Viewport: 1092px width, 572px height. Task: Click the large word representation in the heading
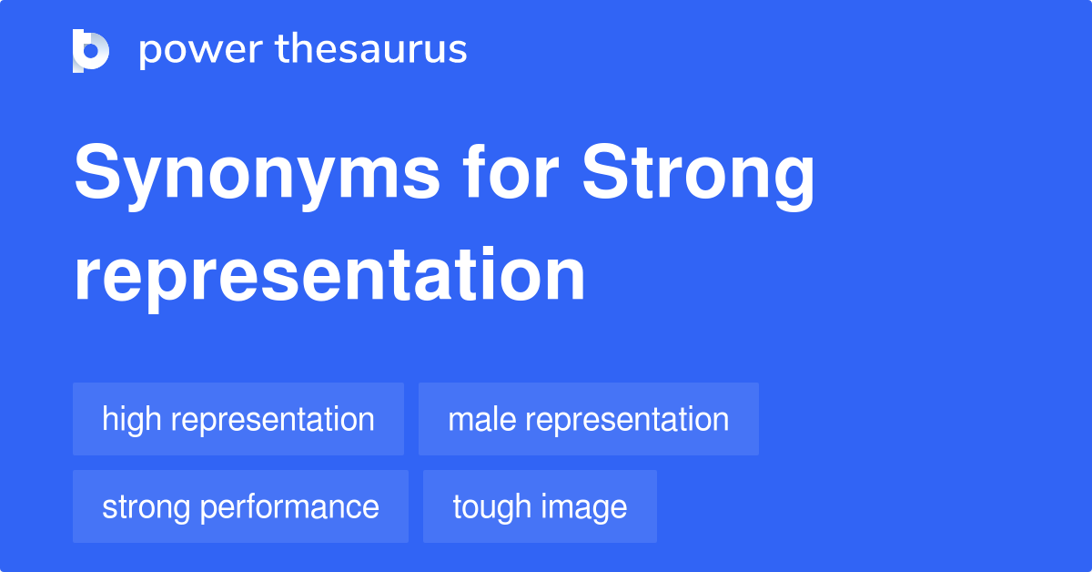click(x=329, y=276)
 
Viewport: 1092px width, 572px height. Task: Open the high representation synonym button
click(x=238, y=419)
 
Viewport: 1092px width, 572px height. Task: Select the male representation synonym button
click(x=588, y=419)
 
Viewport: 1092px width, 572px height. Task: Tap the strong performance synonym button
click(x=240, y=506)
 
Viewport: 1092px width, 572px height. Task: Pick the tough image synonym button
click(x=540, y=506)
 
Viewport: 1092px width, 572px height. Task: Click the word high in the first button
click(x=132, y=419)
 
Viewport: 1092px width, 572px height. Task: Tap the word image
click(x=584, y=507)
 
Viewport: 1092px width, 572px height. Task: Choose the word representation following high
click(x=272, y=420)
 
